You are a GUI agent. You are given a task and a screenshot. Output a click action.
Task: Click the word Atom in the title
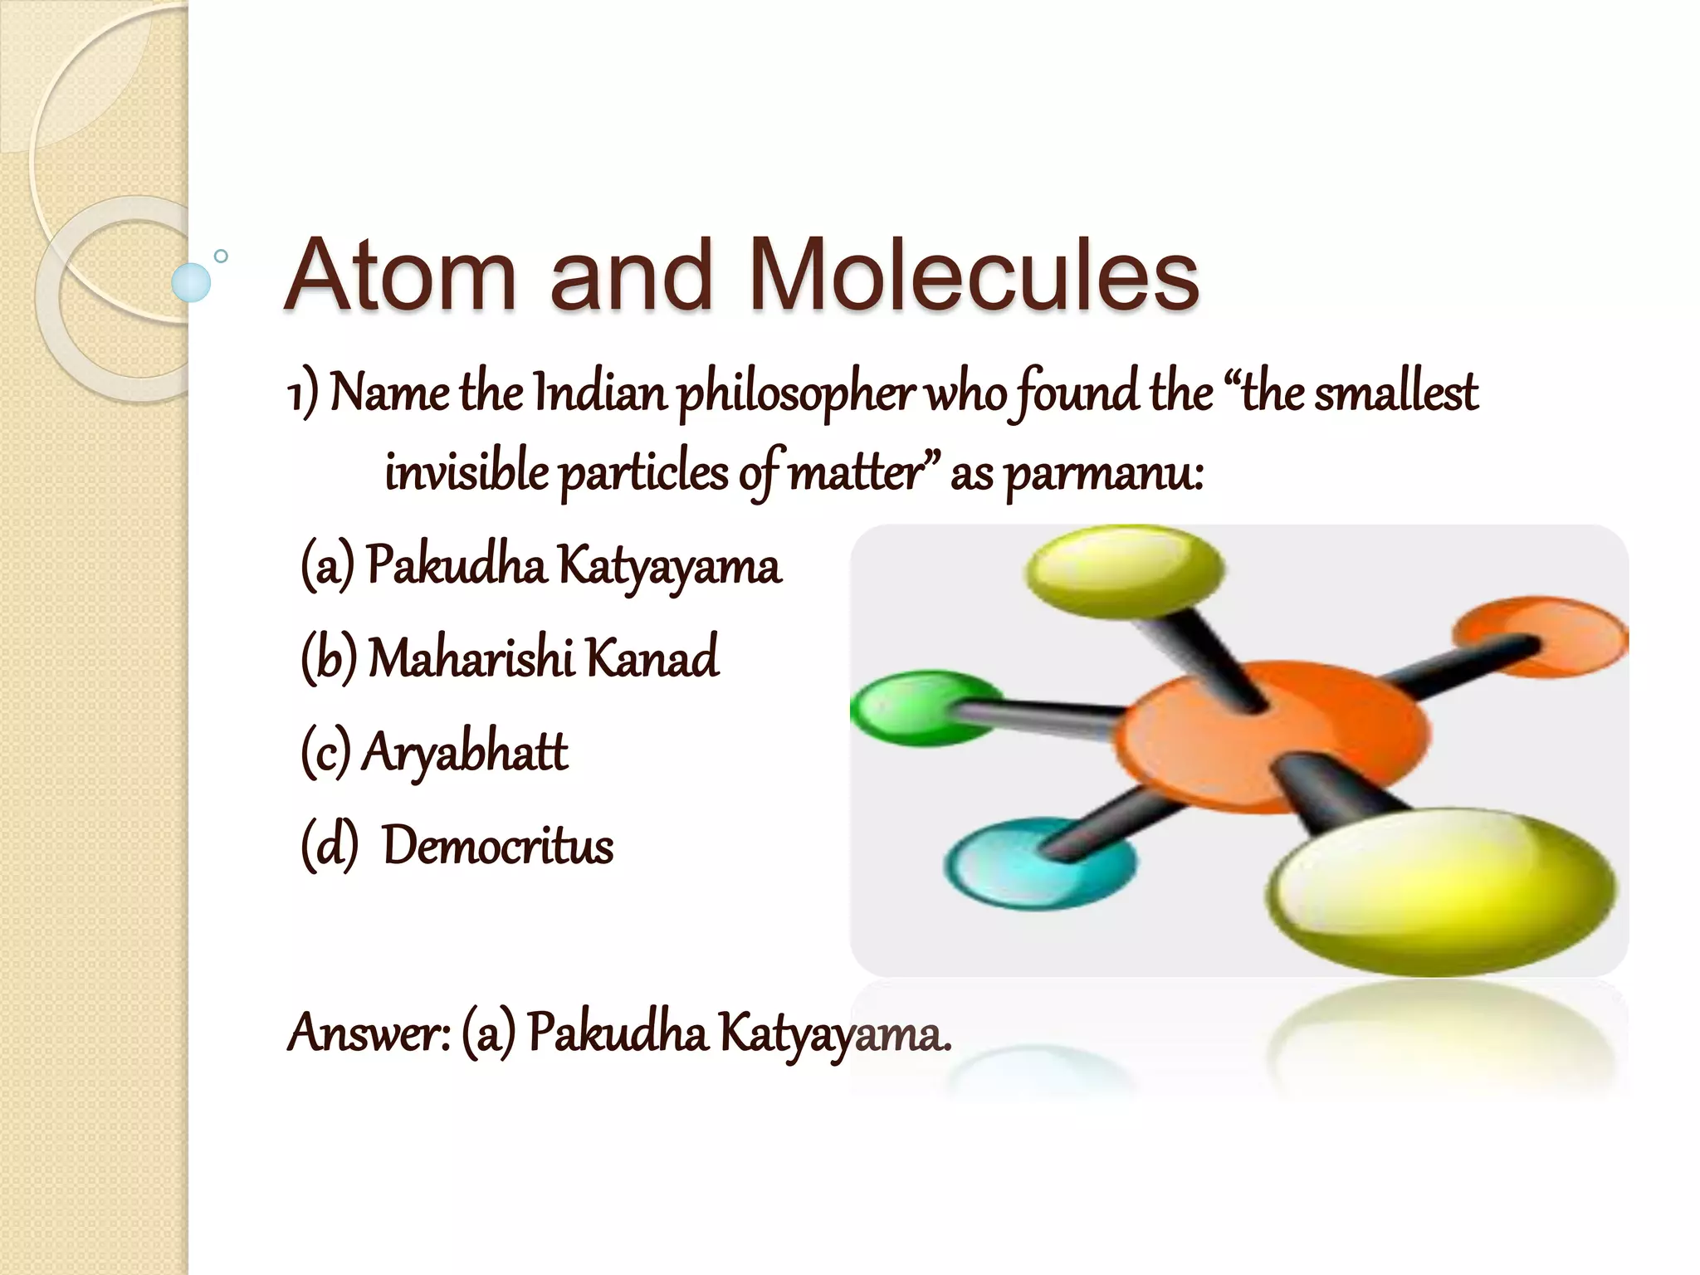400,274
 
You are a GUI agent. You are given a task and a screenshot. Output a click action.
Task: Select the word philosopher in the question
795,393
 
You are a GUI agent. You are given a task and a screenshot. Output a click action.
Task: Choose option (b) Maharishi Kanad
510,657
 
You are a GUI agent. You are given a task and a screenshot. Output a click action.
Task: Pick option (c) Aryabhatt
434,752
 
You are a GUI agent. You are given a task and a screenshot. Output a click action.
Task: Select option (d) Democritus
457,846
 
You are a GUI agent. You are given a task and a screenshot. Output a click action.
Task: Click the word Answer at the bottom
369,1033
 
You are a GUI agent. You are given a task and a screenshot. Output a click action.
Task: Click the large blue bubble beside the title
191,282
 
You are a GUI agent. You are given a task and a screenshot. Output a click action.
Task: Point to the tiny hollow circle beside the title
221,256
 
